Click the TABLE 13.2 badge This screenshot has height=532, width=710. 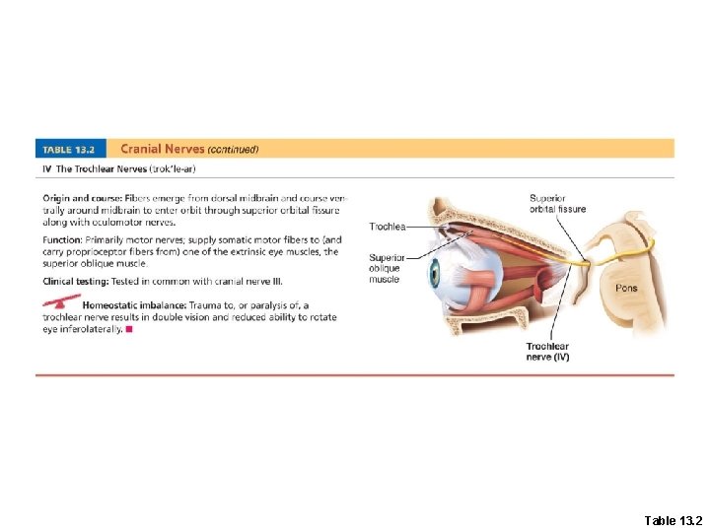tap(72, 150)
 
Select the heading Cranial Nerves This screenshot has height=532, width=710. tap(162, 149)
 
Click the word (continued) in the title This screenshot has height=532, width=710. tap(232, 150)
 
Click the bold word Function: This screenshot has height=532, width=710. tap(64, 238)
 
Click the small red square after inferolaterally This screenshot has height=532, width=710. tap(128, 330)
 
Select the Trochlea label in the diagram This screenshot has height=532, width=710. tap(387, 227)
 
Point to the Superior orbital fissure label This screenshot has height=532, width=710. tap(557, 203)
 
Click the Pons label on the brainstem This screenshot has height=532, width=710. tap(626, 289)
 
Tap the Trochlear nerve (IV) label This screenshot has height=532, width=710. tap(547, 352)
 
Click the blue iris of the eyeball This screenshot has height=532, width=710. tap(434, 274)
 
